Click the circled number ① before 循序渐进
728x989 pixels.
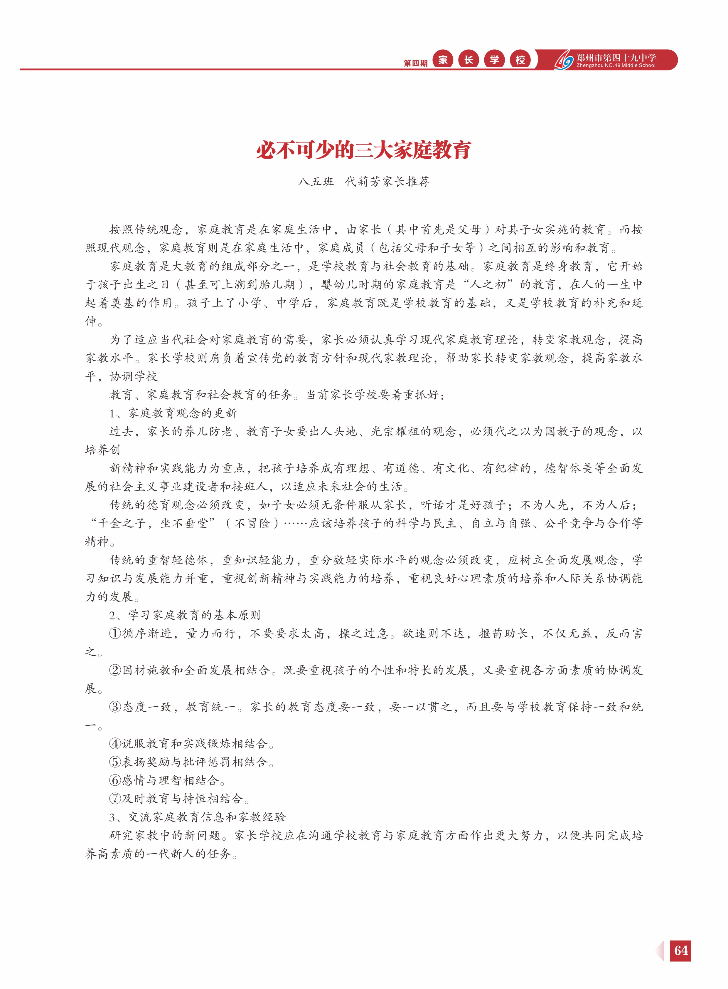click(x=115, y=633)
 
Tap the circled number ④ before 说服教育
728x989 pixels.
click(x=115, y=744)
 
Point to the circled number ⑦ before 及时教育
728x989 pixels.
click(x=115, y=799)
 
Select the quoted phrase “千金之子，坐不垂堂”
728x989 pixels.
click(x=152, y=523)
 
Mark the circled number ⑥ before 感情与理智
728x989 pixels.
click(x=115, y=780)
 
